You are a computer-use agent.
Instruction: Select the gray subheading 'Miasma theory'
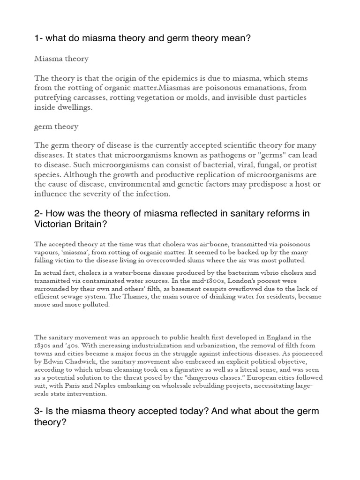tap(61, 59)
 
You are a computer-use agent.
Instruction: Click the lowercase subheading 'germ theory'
tap(56, 127)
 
